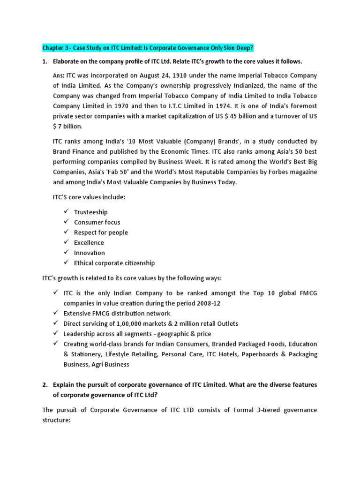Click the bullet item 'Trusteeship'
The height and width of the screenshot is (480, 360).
click(x=90, y=212)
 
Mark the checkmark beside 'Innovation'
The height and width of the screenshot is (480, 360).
click(x=66, y=253)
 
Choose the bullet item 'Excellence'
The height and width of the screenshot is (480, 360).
click(x=89, y=243)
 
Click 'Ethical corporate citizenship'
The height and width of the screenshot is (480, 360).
click(x=114, y=263)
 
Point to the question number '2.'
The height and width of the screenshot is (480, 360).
click(x=45, y=384)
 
